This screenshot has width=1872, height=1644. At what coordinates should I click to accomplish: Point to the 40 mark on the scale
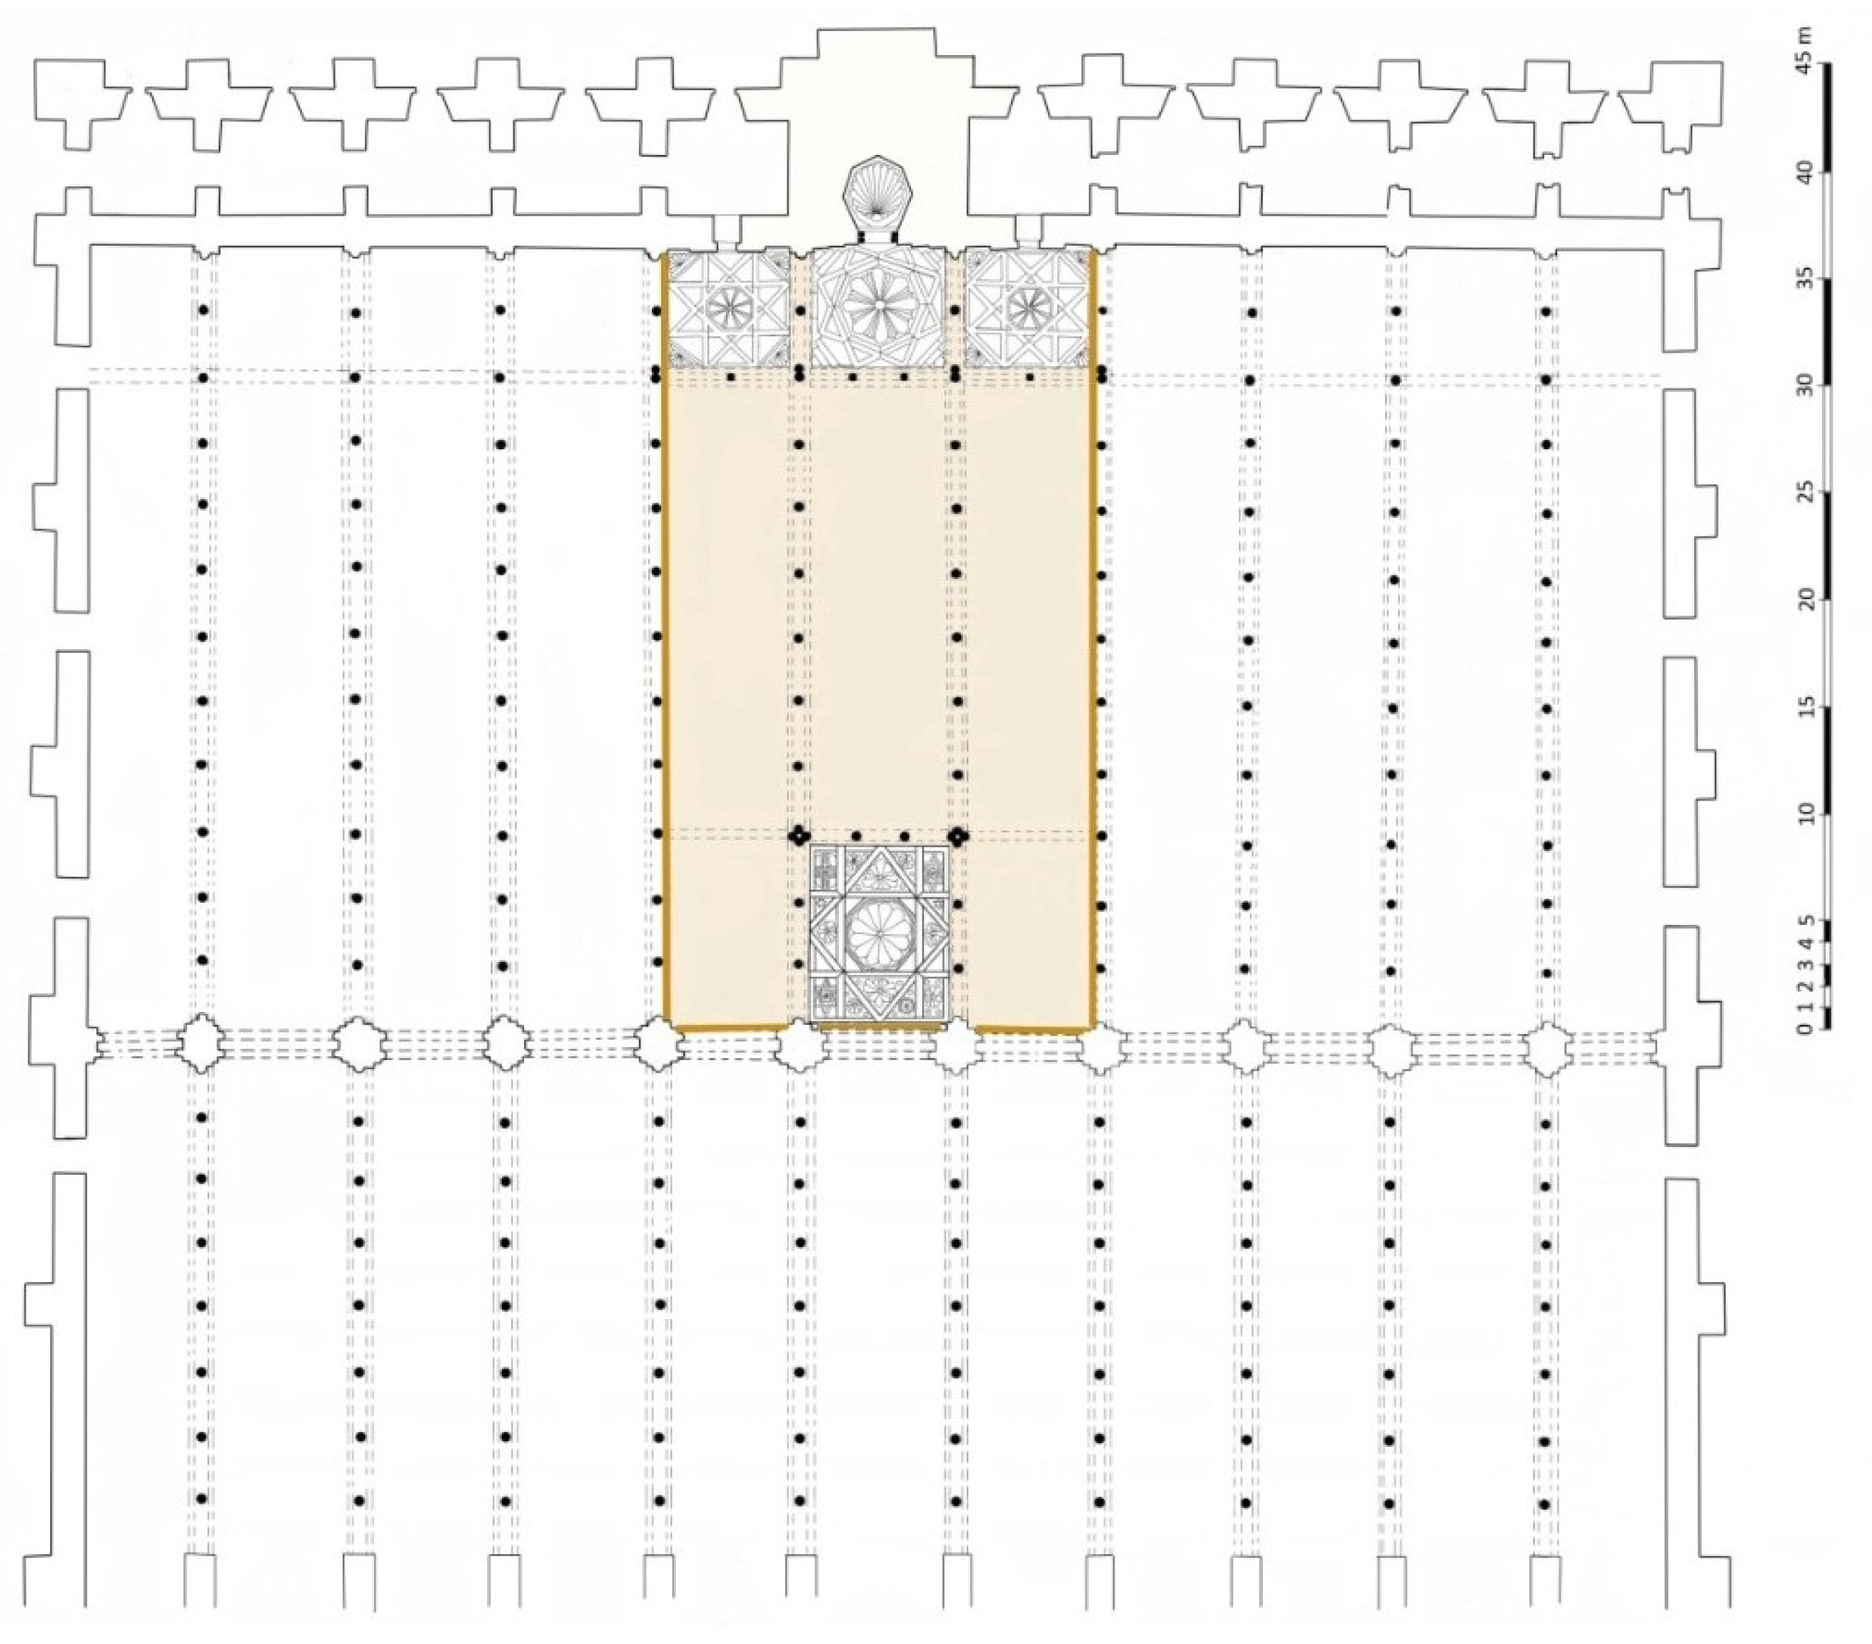pyautogui.click(x=1803, y=172)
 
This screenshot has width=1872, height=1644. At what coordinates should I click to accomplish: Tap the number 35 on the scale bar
pyautogui.click(x=1803, y=279)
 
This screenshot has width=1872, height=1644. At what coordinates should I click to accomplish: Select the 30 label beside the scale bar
pyautogui.click(x=1803, y=386)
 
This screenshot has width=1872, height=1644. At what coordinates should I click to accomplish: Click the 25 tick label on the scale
pyautogui.click(x=1803, y=493)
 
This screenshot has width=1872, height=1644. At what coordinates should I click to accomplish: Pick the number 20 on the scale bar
pyautogui.click(x=1803, y=601)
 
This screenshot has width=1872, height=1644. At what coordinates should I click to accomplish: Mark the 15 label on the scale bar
pyautogui.click(x=1803, y=708)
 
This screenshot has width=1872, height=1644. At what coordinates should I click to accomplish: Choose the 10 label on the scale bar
pyautogui.click(x=1803, y=815)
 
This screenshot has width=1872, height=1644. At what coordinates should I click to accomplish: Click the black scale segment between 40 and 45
pyautogui.click(x=1827, y=118)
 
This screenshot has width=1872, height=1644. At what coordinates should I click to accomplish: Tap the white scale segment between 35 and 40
pyautogui.click(x=1827, y=225)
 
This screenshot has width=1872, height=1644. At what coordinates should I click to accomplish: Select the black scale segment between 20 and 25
pyautogui.click(x=1827, y=547)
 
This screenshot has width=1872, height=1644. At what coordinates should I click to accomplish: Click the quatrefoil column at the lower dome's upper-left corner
pyautogui.click(x=800, y=836)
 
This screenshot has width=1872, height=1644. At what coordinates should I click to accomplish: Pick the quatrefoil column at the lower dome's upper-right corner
pyautogui.click(x=957, y=836)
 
